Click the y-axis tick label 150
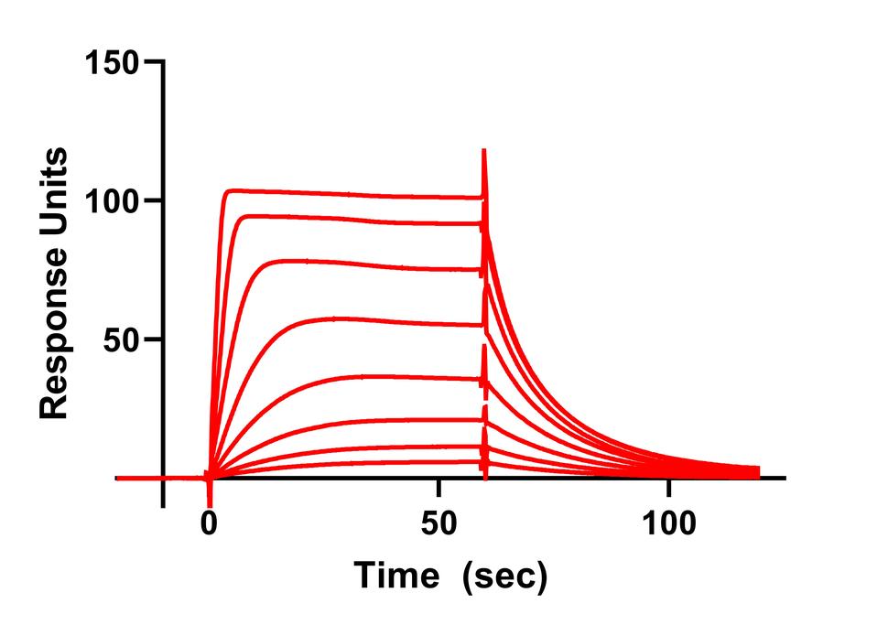[111, 62]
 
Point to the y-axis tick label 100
[111, 200]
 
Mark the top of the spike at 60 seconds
[483, 151]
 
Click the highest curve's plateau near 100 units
[348, 193]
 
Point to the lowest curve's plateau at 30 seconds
[348, 462]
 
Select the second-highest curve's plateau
[348, 219]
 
